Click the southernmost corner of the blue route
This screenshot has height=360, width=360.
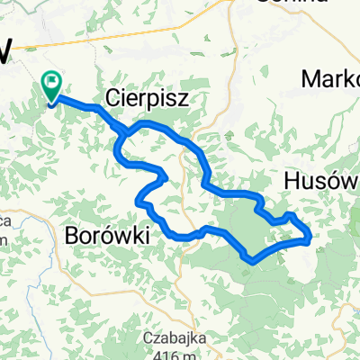pos(251,262)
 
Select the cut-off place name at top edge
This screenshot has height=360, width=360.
pos(275,3)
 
